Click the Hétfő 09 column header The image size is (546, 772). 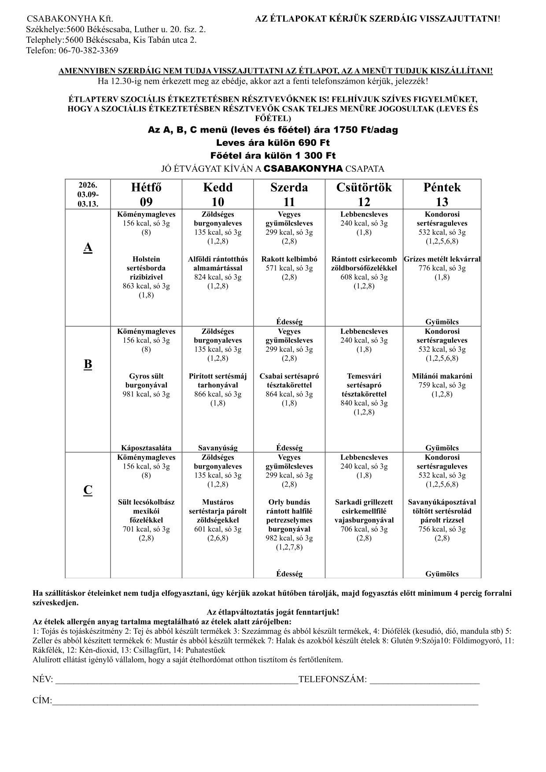click(x=146, y=194)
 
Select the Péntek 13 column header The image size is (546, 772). click(x=442, y=194)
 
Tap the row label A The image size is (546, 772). click(x=88, y=248)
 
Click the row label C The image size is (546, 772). click(x=88, y=490)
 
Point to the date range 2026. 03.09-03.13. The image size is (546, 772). click(x=88, y=194)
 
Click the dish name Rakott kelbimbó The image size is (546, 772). click(x=289, y=259)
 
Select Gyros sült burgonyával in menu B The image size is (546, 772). click(x=146, y=380)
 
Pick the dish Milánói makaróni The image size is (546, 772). click(x=442, y=376)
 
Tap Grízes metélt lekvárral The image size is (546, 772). click(x=442, y=259)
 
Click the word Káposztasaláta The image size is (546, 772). click(x=146, y=448)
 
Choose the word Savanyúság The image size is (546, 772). click(x=218, y=448)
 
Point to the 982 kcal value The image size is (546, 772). click(x=289, y=538)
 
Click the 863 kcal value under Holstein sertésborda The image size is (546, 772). click(x=146, y=286)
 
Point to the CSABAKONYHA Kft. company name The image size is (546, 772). click(x=70, y=19)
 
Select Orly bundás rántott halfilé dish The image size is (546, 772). click(x=289, y=515)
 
